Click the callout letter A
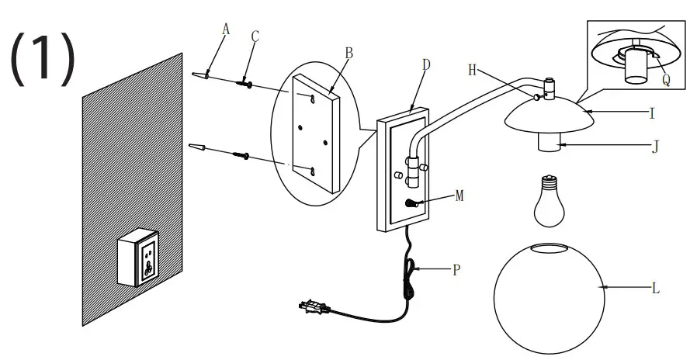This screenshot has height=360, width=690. click(226, 29)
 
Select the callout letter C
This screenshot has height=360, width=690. click(255, 36)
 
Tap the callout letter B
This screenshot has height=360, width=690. click(349, 53)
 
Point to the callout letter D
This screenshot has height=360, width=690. click(425, 64)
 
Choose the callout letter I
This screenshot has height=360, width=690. click(653, 113)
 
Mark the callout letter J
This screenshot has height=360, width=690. click(654, 144)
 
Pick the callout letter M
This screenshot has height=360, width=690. click(459, 196)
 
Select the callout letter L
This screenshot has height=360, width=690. click(656, 289)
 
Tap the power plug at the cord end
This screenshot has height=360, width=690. click(312, 308)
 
